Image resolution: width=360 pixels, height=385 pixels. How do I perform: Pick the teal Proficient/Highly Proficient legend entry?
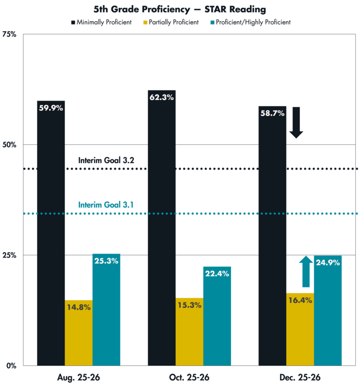(251, 22)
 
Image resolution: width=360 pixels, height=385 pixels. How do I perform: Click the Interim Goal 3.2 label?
(106, 160)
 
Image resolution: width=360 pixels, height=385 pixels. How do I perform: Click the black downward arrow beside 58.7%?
(296, 123)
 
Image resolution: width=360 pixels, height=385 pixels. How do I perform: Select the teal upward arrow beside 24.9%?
(305, 271)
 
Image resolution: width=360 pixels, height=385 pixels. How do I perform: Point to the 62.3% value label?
(162, 97)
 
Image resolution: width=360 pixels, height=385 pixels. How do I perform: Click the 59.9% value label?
(51, 108)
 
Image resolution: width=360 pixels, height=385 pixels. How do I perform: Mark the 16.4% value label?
(300, 300)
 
